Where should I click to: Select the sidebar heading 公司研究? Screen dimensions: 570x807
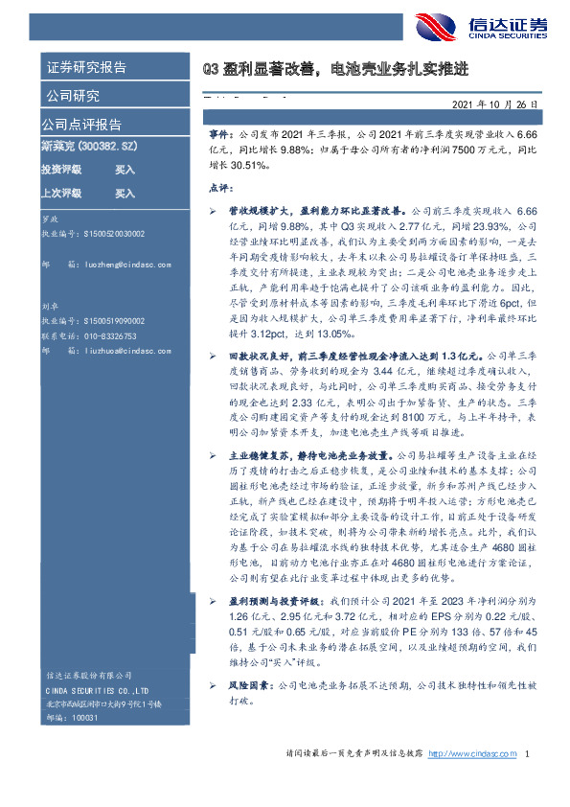[x=71, y=96]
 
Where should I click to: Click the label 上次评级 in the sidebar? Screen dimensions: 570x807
[x=61, y=193]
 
